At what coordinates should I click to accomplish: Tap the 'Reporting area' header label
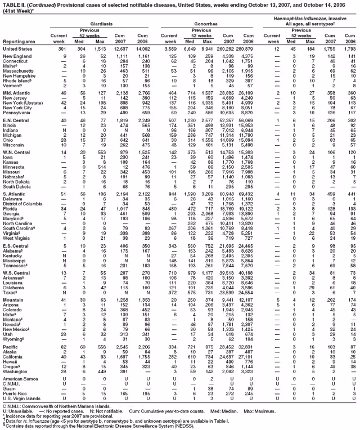[17, 41]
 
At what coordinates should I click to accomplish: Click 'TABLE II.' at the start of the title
[13, 4]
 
